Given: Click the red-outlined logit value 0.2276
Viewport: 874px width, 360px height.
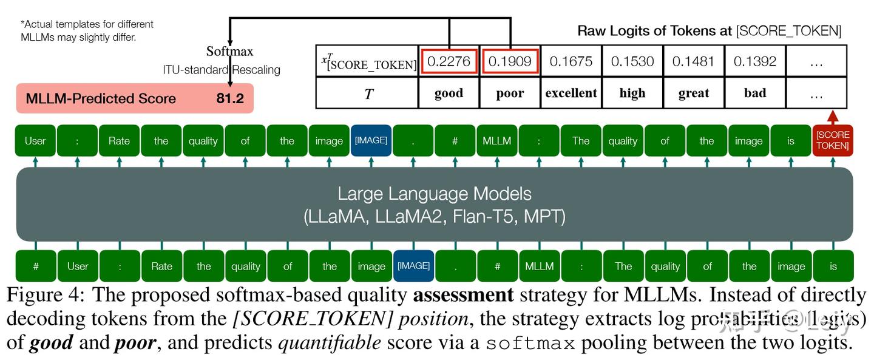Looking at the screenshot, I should pos(449,61).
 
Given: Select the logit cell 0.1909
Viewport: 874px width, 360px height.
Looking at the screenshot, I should pos(510,61).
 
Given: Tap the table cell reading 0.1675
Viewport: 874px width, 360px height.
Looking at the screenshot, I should pos(571,61).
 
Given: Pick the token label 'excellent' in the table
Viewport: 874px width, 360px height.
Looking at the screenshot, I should pos(571,93).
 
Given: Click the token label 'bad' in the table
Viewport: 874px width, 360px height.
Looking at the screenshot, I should pos(754,93).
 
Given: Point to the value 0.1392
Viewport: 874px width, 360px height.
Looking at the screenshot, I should pos(754,61).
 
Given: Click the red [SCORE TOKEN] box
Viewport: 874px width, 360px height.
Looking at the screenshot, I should pos(833,140).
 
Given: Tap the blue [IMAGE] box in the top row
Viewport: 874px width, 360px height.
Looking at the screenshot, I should pos(371,140).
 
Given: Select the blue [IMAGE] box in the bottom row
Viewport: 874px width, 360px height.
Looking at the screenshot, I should pos(413,266).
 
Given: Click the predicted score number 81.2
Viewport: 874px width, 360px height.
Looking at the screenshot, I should pos(230,98).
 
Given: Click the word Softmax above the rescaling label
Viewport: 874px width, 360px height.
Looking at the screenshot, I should pos(229,51).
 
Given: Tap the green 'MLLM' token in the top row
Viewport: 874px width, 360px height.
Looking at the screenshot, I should pos(497,140).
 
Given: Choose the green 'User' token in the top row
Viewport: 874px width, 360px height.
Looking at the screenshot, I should pos(35,140).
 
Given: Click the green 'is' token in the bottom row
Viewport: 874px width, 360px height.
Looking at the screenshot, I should pos(833,266).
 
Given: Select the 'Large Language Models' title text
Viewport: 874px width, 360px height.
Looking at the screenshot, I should pos(434,194).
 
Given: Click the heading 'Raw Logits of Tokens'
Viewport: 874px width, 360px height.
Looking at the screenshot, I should pos(654,30).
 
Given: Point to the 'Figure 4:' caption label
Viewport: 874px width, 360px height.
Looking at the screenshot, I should pos(46,296).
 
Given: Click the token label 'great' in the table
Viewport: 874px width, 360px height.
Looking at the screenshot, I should pos(694,93).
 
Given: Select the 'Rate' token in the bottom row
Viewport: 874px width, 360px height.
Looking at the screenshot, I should pos(161,266).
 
